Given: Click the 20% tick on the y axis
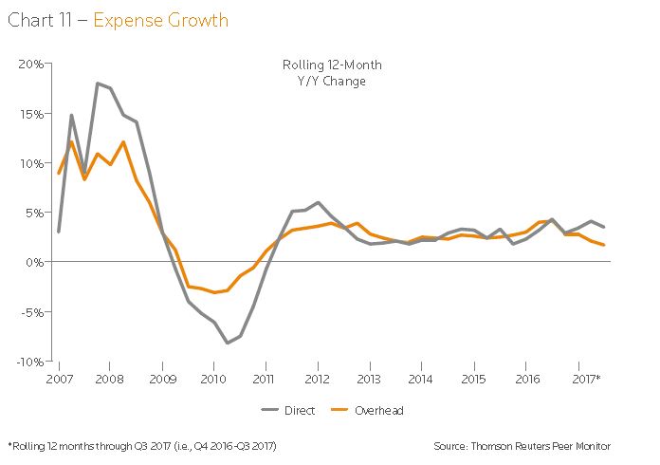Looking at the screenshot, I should pyautogui.click(x=31, y=64).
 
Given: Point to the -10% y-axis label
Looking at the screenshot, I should pyautogui.click(x=29, y=361).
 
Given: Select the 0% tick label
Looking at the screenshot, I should pyautogui.click(x=35, y=262).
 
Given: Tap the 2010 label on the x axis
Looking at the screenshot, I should pyautogui.click(x=214, y=378).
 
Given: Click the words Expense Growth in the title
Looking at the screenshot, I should pyautogui.click(x=160, y=20).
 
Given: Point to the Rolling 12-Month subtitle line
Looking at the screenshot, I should pyautogui.click(x=332, y=65).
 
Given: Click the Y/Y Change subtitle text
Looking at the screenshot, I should pyautogui.click(x=332, y=81).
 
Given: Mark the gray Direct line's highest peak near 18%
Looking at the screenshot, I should pyautogui.click(x=98, y=84).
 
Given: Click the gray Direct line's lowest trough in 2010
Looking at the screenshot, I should pyautogui.click(x=228, y=343).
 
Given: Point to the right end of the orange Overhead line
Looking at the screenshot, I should pyautogui.click(x=604, y=245).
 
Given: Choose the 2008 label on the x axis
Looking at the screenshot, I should pyautogui.click(x=109, y=378).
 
